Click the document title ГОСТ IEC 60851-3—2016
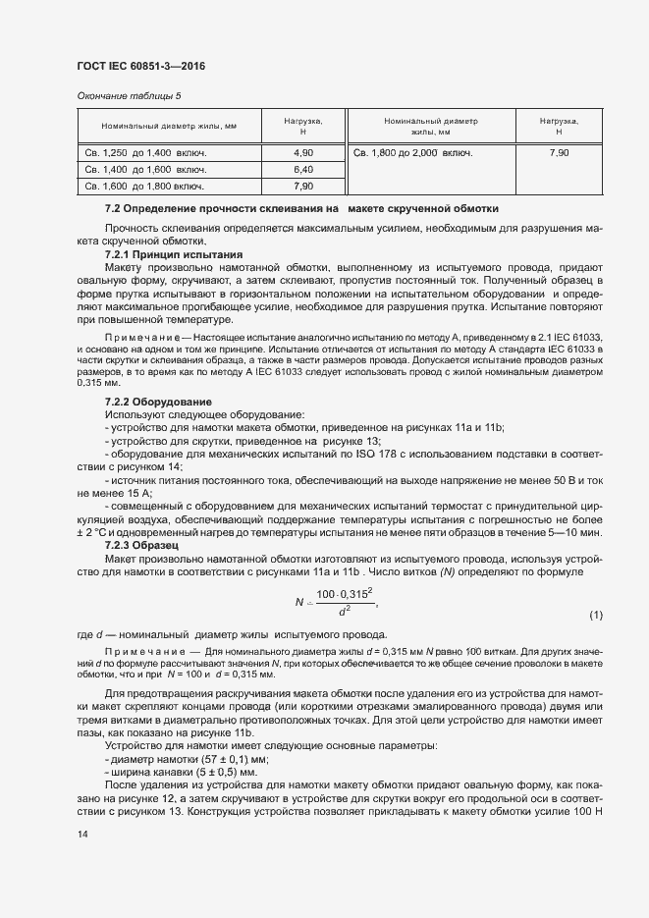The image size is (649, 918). click(140, 66)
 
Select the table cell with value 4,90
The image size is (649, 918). click(303, 153)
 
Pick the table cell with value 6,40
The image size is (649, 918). click(303, 170)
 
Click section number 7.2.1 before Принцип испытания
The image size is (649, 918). click(121, 254)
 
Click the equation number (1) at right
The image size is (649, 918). click(596, 616)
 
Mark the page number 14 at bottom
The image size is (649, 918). click(81, 834)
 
